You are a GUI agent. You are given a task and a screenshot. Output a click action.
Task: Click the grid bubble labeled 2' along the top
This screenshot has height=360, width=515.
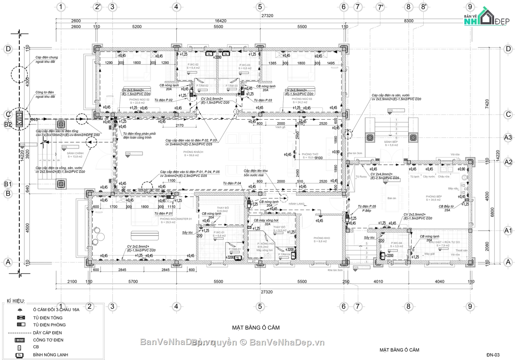[98, 7]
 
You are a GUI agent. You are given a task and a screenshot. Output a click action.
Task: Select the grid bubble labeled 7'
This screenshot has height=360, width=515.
[380, 7]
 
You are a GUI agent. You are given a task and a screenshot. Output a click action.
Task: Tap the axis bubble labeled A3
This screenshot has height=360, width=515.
[508, 137]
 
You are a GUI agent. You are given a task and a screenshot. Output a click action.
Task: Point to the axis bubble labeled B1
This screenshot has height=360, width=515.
[8, 184]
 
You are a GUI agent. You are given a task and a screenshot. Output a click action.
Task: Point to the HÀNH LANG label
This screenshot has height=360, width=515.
[296, 203]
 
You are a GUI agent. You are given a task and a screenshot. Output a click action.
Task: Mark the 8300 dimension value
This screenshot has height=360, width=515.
[409, 20]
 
